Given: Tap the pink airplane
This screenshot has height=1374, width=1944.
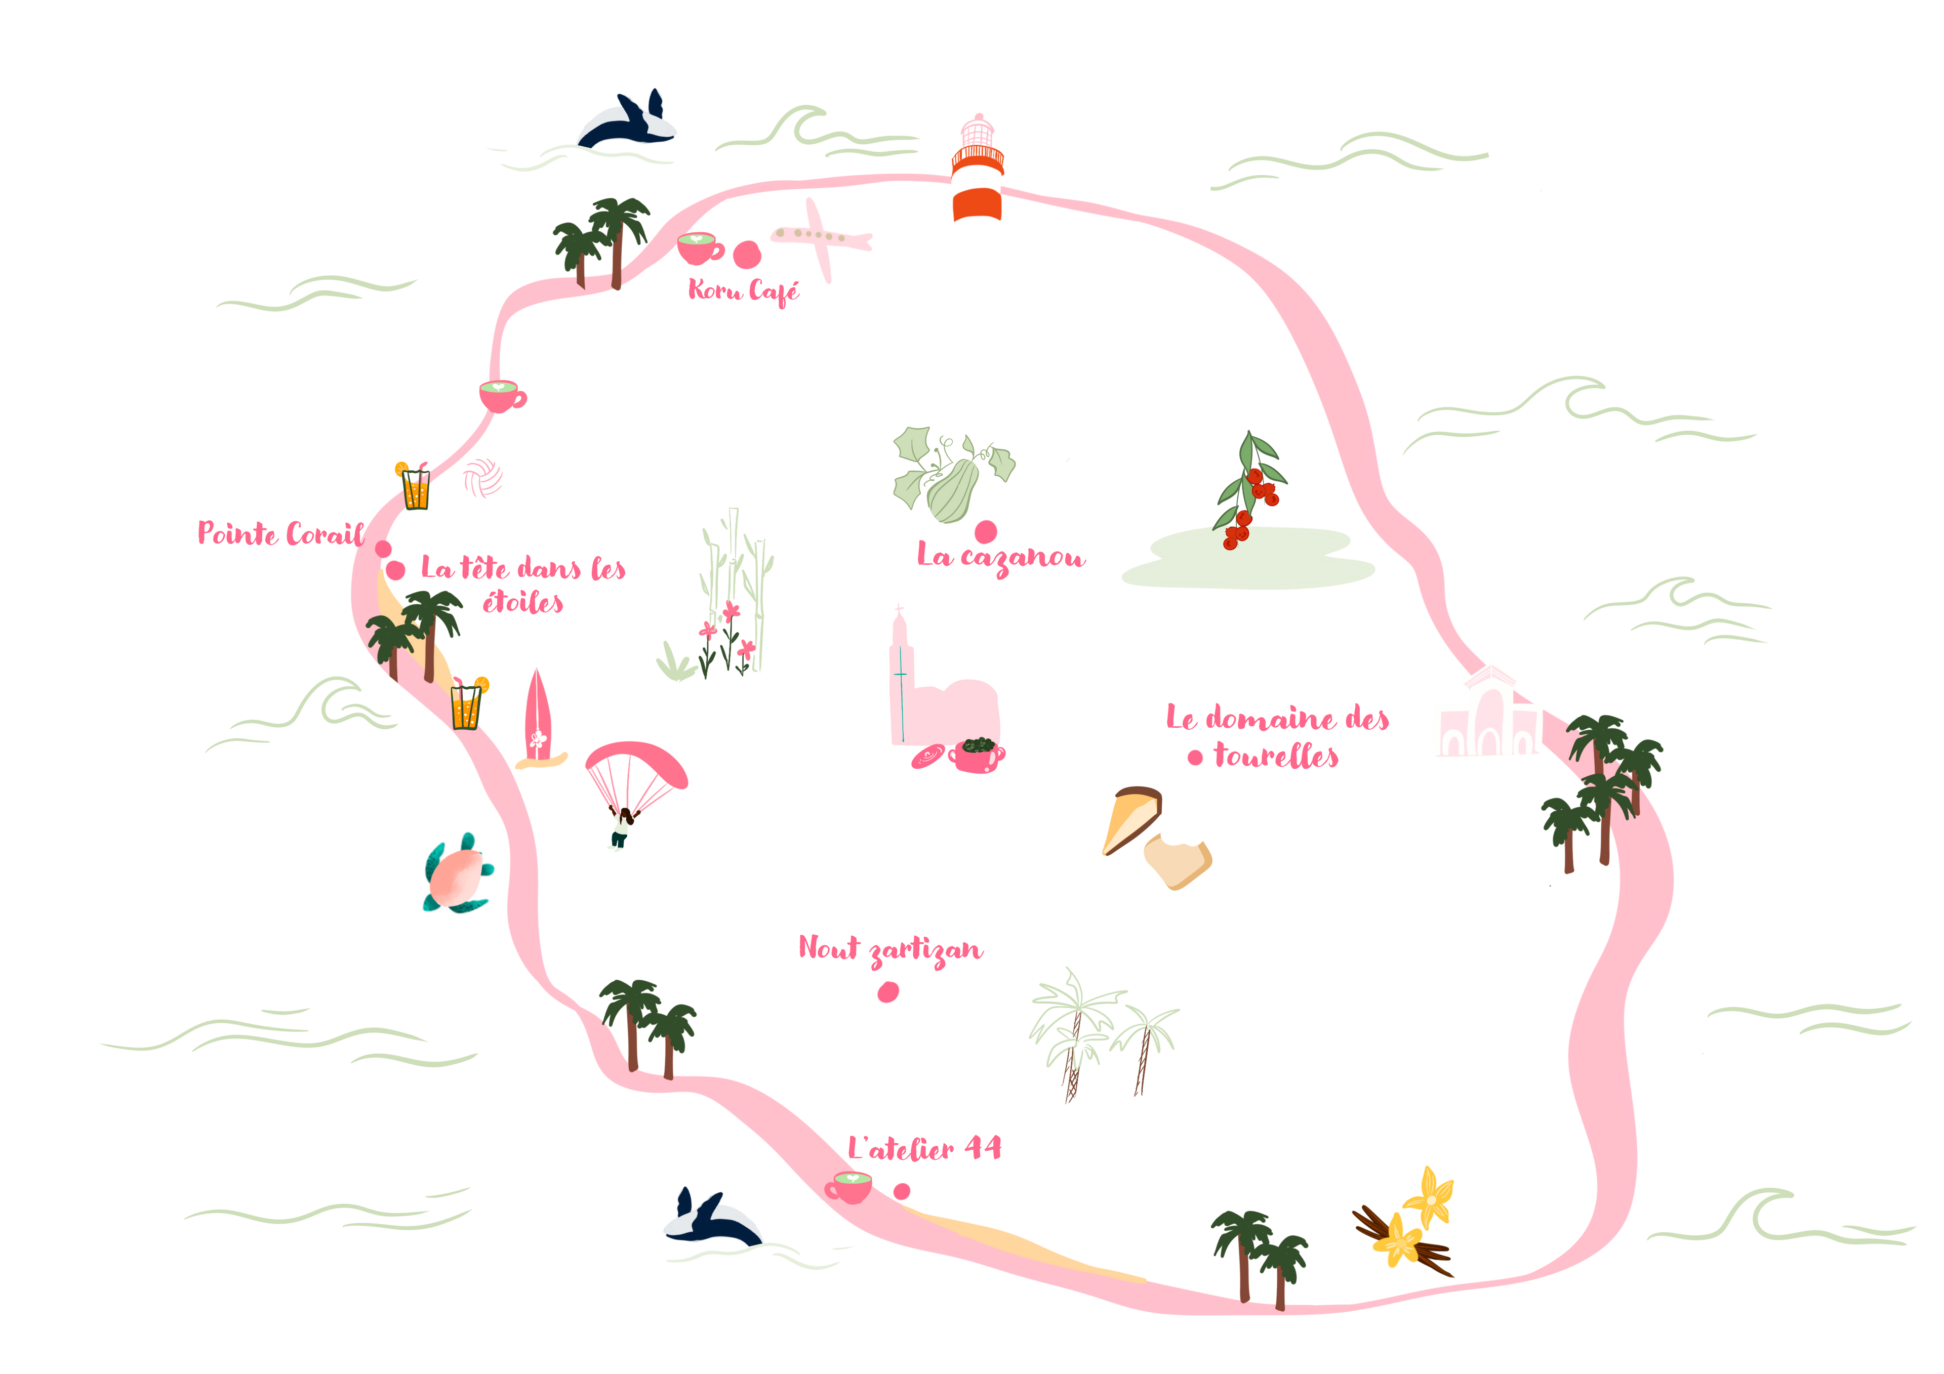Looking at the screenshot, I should click(x=820, y=236).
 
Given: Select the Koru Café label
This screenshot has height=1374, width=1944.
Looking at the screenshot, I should click(x=743, y=290).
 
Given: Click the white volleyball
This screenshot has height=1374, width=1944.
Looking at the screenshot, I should click(x=482, y=478).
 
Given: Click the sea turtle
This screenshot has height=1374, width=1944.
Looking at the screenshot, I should click(x=457, y=875).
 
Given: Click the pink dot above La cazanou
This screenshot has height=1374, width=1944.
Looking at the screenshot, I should click(x=985, y=531).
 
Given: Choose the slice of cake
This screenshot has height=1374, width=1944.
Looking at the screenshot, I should click(x=1131, y=819).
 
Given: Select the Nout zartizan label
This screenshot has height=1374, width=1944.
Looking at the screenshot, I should click(x=890, y=949).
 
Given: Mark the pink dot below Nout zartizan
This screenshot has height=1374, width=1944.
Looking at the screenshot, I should click(x=887, y=991).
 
